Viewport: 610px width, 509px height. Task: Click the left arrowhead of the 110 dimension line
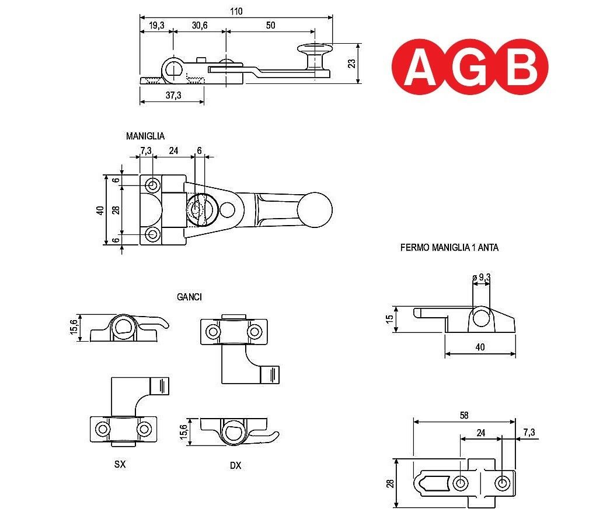click(x=142, y=17)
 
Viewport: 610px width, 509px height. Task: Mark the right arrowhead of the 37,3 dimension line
click(x=201, y=102)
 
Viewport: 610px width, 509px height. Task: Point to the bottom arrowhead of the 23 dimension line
click(x=358, y=80)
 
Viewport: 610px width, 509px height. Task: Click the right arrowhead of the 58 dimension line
click(x=513, y=422)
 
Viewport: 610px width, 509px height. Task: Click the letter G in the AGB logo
click(x=469, y=67)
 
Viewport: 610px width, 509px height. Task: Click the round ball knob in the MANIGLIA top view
click(x=315, y=209)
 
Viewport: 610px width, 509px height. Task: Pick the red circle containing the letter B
click(x=521, y=66)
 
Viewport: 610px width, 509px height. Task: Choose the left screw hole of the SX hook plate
click(x=103, y=429)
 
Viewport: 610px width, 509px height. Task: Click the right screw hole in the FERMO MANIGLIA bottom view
click(x=501, y=483)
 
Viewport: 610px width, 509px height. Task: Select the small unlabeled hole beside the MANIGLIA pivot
click(x=227, y=210)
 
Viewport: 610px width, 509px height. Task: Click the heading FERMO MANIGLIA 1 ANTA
click(x=449, y=248)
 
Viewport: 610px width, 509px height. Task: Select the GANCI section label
click(x=189, y=297)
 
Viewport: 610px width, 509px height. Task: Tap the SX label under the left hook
click(x=120, y=464)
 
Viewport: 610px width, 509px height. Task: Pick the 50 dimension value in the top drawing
click(x=270, y=26)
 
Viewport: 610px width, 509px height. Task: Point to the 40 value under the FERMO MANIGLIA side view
click(x=480, y=347)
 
